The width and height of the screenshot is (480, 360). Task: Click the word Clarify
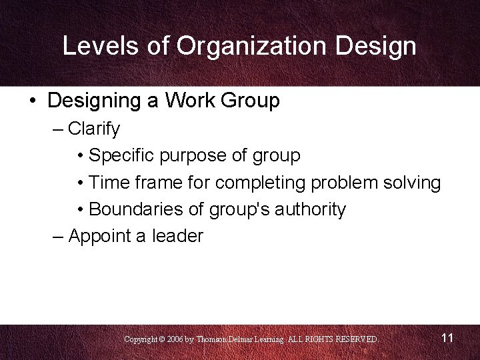pos(93,129)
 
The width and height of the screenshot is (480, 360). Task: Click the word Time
pos(109,183)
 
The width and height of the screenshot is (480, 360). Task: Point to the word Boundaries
pos(136,209)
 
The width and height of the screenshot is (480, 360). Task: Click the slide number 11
pos(447,338)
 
